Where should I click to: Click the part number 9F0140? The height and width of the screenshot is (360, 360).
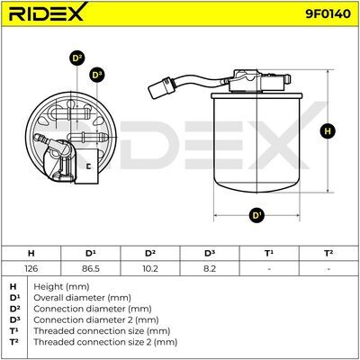(328, 13)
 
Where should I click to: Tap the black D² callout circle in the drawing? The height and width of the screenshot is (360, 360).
(77, 58)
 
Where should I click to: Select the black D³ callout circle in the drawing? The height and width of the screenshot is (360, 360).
(96, 75)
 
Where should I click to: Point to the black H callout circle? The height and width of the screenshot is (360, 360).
(328, 131)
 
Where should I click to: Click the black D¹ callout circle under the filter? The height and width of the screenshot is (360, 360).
(256, 215)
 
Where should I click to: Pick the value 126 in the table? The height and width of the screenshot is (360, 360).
(31, 268)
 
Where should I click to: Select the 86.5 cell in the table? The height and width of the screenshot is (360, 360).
(91, 268)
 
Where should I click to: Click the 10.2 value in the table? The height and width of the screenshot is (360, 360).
(150, 268)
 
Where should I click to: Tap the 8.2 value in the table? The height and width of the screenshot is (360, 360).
(210, 268)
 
